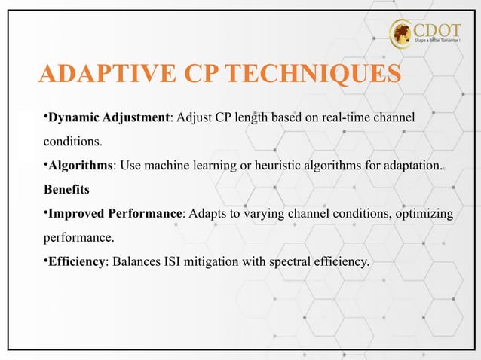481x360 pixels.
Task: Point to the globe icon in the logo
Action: click(x=402, y=34)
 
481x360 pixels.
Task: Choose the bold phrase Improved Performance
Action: click(x=115, y=214)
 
